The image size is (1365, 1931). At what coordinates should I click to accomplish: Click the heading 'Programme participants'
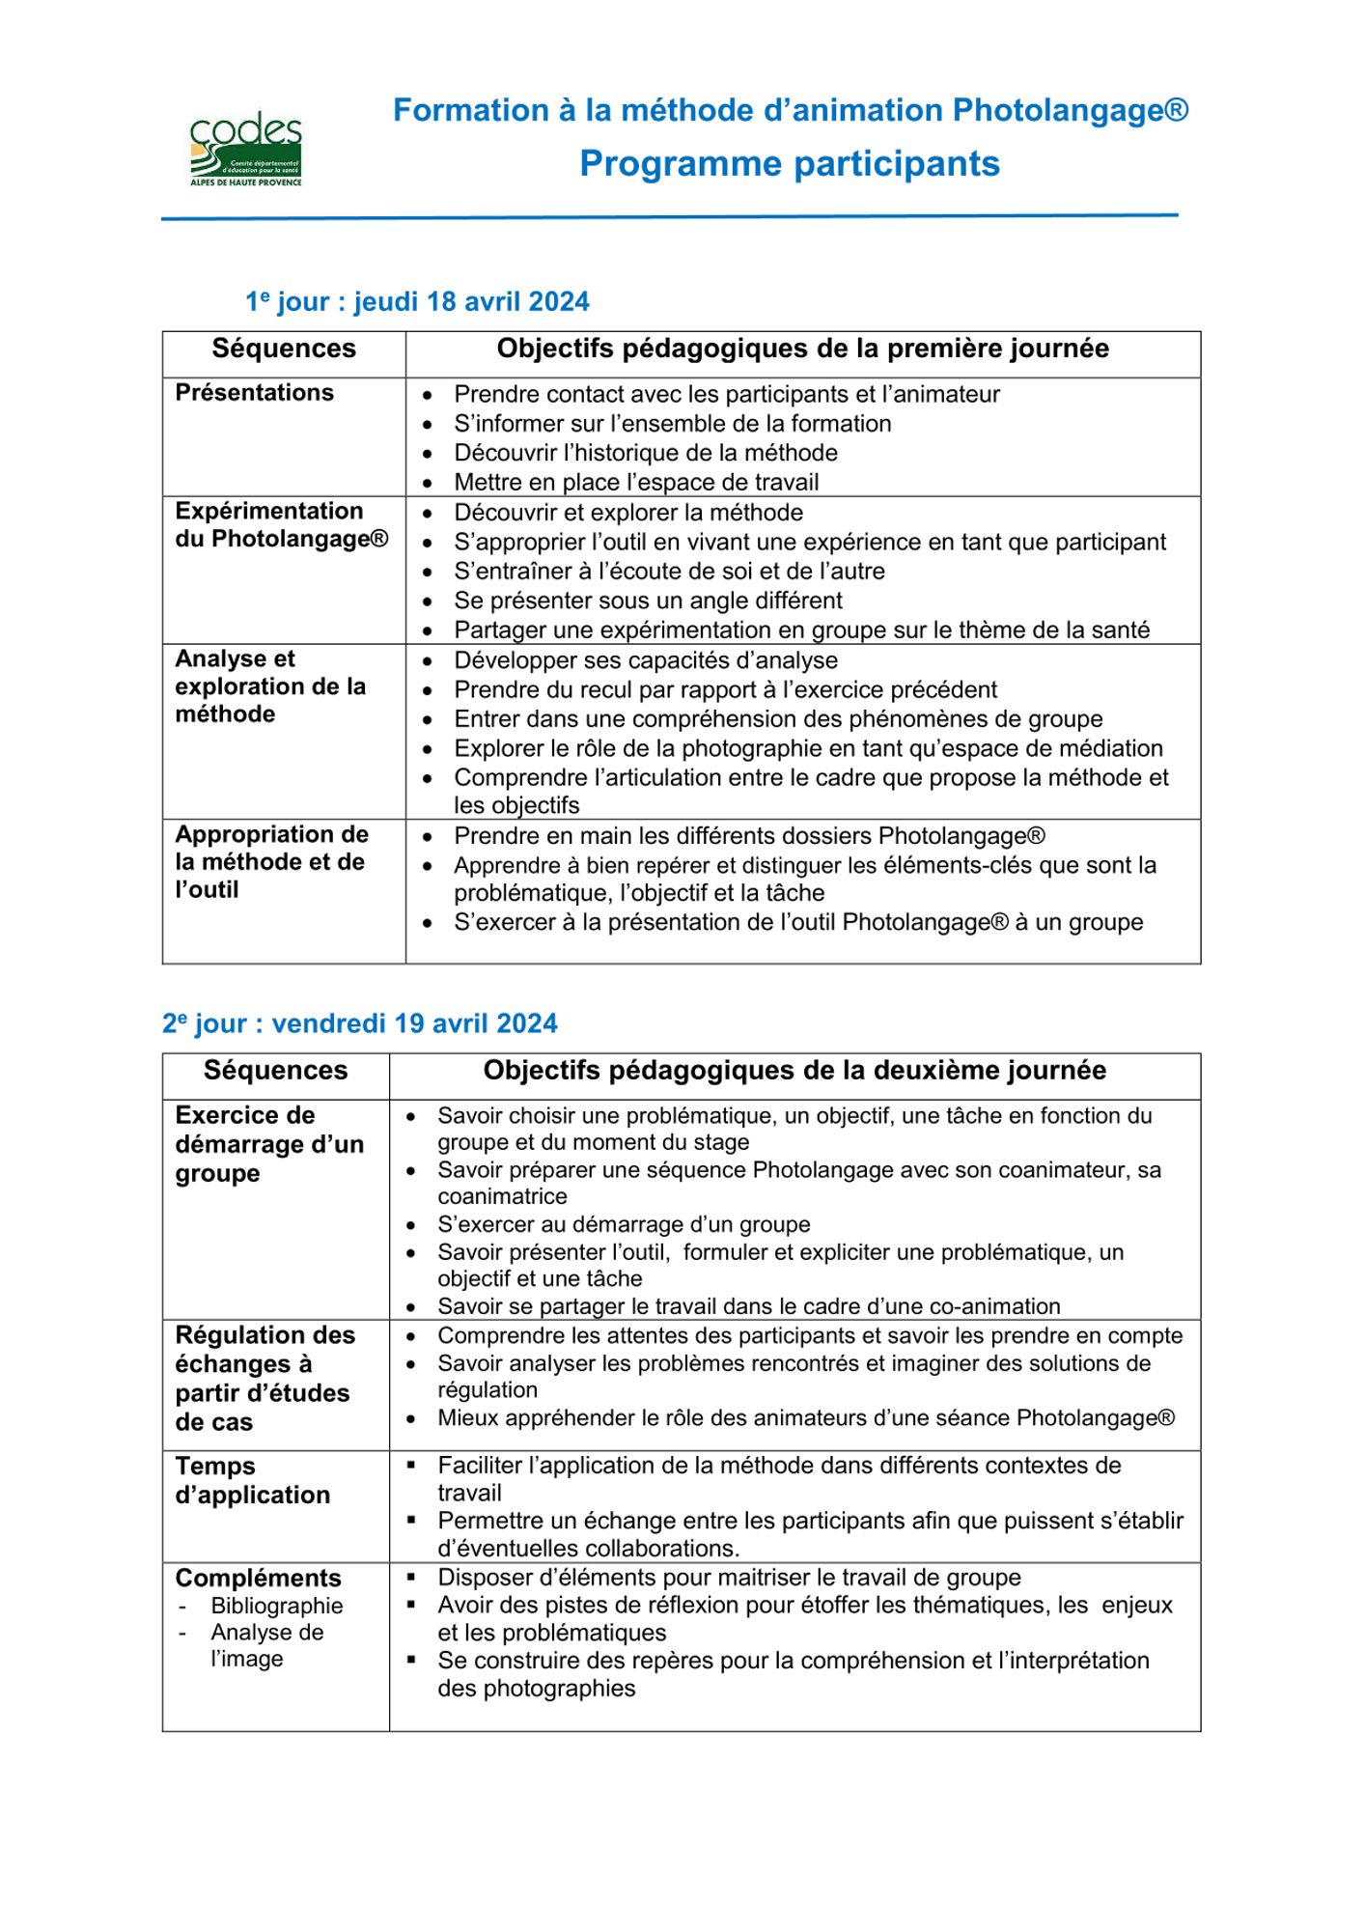[x=789, y=163]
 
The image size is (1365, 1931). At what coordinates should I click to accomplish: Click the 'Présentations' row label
[x=254, y=393]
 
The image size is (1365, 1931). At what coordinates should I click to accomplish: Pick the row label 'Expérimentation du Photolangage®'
[x=281, y=524]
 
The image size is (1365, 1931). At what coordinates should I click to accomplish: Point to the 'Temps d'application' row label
[x=252, y=1480]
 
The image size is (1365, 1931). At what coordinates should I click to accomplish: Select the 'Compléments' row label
[x=258, y=1578]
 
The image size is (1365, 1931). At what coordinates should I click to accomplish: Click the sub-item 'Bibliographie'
[x=276, y=1606]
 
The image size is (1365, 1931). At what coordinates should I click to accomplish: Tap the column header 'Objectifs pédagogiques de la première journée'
[x=802, y=349]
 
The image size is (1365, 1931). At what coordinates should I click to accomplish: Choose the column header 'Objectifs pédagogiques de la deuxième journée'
[x=794, y=1070]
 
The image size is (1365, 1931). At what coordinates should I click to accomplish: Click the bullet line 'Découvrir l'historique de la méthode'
[x=645, y=453]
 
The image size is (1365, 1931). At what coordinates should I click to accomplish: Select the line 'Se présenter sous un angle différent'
[x=648, y=601]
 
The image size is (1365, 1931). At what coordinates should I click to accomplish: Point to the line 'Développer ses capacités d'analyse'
[x=645, y=660]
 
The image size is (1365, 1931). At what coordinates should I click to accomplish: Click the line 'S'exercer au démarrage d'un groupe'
[x=623, y=1224]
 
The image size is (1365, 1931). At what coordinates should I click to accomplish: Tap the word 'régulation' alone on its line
[x=487, y=1390]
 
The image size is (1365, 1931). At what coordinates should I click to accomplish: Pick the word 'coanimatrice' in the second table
[x=502, y=1196]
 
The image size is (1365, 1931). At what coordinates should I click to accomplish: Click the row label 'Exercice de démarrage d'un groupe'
[x=268, y=1144]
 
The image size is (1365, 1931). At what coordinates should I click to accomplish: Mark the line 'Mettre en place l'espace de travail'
[x=635, y=482]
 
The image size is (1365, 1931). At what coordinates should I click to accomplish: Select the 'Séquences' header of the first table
[x=283, y=349]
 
